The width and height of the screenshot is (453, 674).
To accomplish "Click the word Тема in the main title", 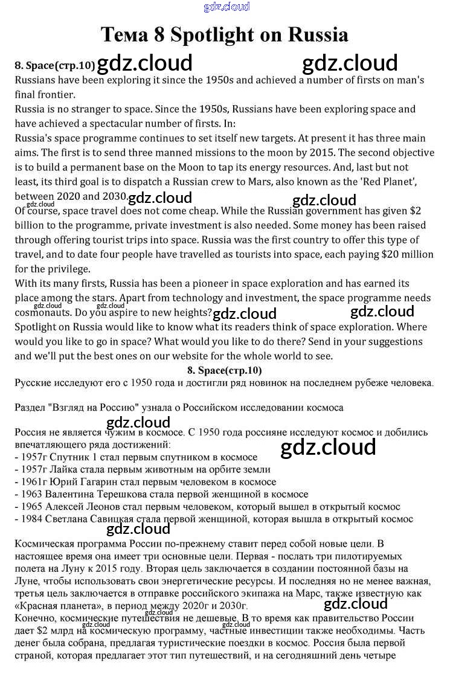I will [124, 34].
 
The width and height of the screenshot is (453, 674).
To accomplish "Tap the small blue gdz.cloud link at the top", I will [226, 7].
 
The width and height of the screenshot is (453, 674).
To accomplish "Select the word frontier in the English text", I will [52, 95].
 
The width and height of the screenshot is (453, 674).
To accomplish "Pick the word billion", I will [31, 225].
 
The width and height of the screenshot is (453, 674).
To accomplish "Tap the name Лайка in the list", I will [57, 469].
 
